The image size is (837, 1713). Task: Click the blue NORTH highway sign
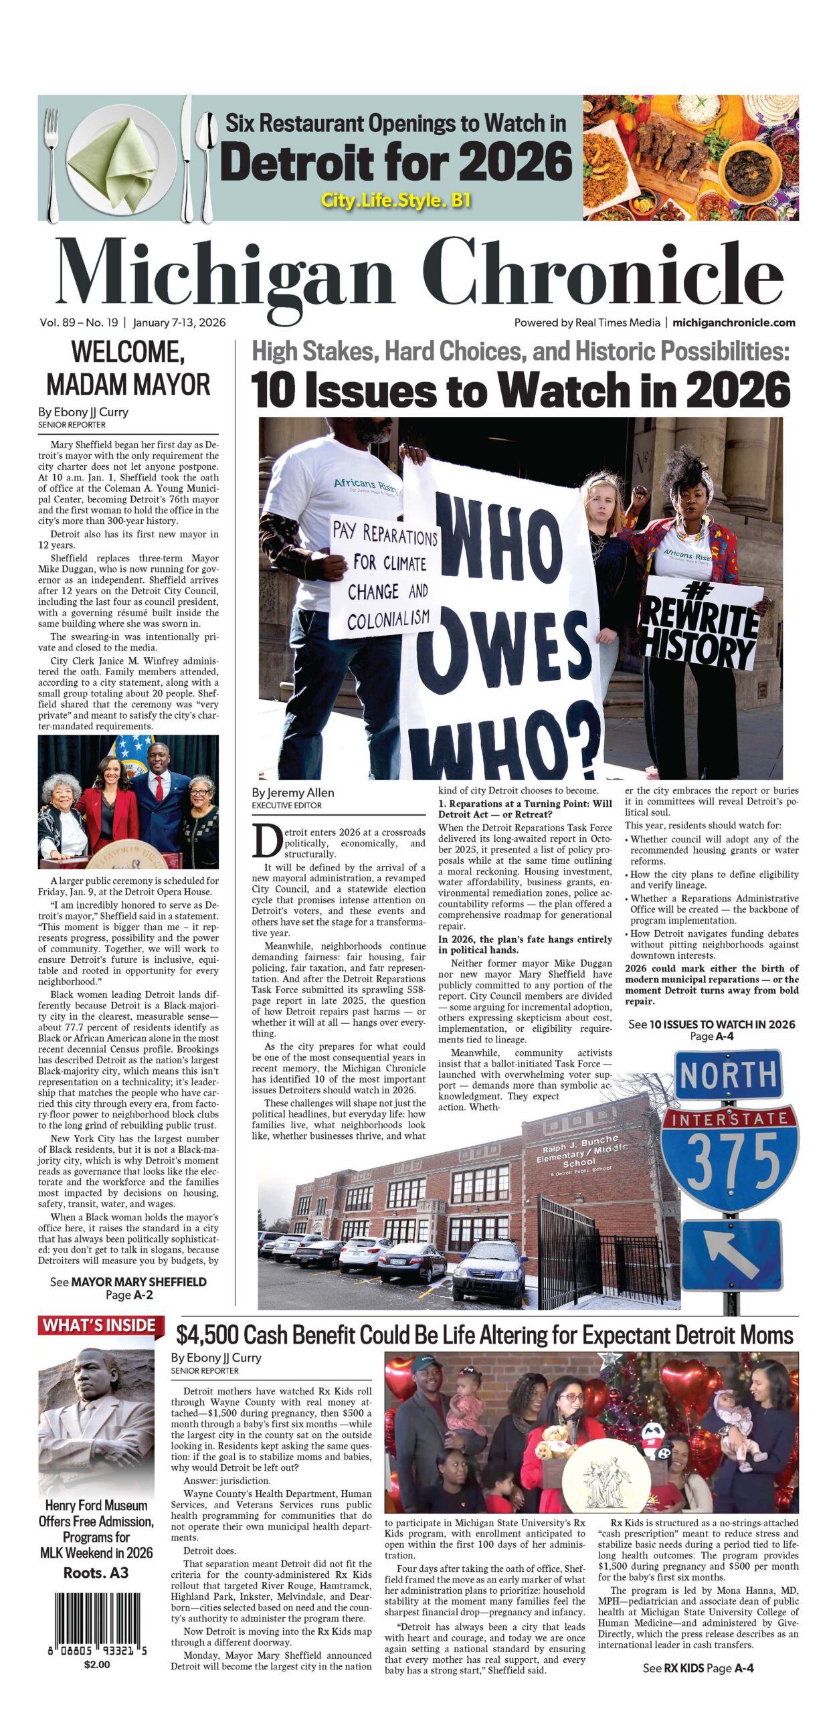pyautogui.click(x=727, y=1075)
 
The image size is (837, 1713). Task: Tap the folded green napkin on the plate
pyautogui.click(x=125, y=159)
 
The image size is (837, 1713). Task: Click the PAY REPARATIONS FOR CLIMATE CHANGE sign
pyautogui.click(x=387, y=577)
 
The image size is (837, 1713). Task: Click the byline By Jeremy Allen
pyautogui.click(x=292, y=792)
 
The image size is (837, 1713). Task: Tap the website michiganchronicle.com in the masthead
pyautogui.click(x=733, y=323)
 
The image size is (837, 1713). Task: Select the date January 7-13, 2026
pyautogui.click(x=179, y=323)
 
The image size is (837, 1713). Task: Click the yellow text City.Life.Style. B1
pyautogui.click(x=396, y=200)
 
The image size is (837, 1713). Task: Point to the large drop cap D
pyautogui.click(x=266, y=841)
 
